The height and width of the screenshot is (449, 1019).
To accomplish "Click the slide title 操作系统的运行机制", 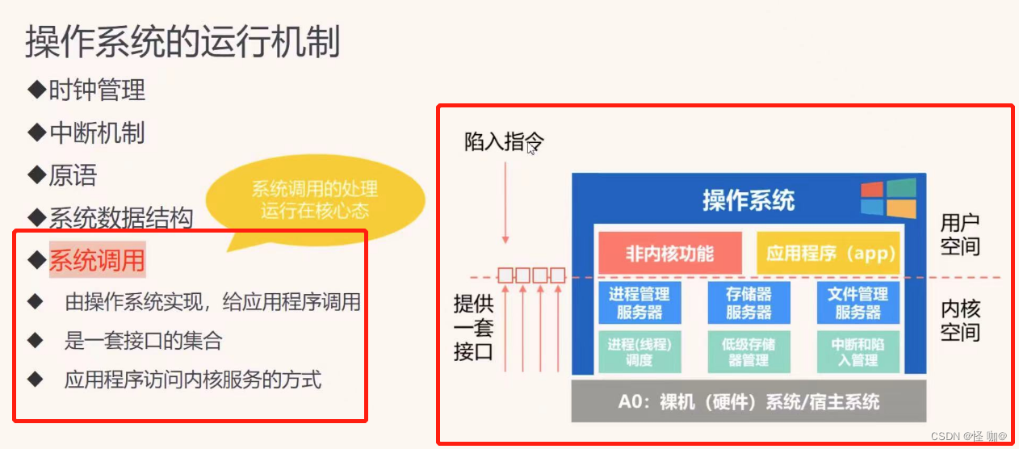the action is pos(182,42).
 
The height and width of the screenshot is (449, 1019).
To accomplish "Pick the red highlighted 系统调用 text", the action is pos(97,260).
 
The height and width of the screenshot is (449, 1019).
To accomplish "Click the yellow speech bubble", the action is pos(315,200).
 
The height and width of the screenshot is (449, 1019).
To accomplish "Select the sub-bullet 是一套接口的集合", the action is pos(143,341).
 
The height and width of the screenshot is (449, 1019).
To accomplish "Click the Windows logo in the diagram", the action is pos(888,199).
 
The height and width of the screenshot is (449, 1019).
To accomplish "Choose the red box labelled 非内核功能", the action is pos(669,254).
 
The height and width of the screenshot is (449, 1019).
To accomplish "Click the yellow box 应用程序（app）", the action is pos(831,254).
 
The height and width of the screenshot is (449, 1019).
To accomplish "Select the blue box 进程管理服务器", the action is pos(639,303).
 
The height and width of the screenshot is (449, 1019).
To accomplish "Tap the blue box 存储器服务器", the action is pos(749,303).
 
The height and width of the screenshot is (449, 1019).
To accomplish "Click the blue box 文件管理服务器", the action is pos(858,303).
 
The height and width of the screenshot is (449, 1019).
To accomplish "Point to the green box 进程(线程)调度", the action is pos(639,352).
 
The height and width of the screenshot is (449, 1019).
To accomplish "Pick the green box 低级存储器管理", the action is pos(749,352).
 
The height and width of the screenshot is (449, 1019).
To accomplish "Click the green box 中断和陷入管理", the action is pos(858,352).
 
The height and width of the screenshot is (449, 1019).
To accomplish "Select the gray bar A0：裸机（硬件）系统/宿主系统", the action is pos(749,401).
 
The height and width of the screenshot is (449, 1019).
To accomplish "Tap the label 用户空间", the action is pos(960,234).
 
